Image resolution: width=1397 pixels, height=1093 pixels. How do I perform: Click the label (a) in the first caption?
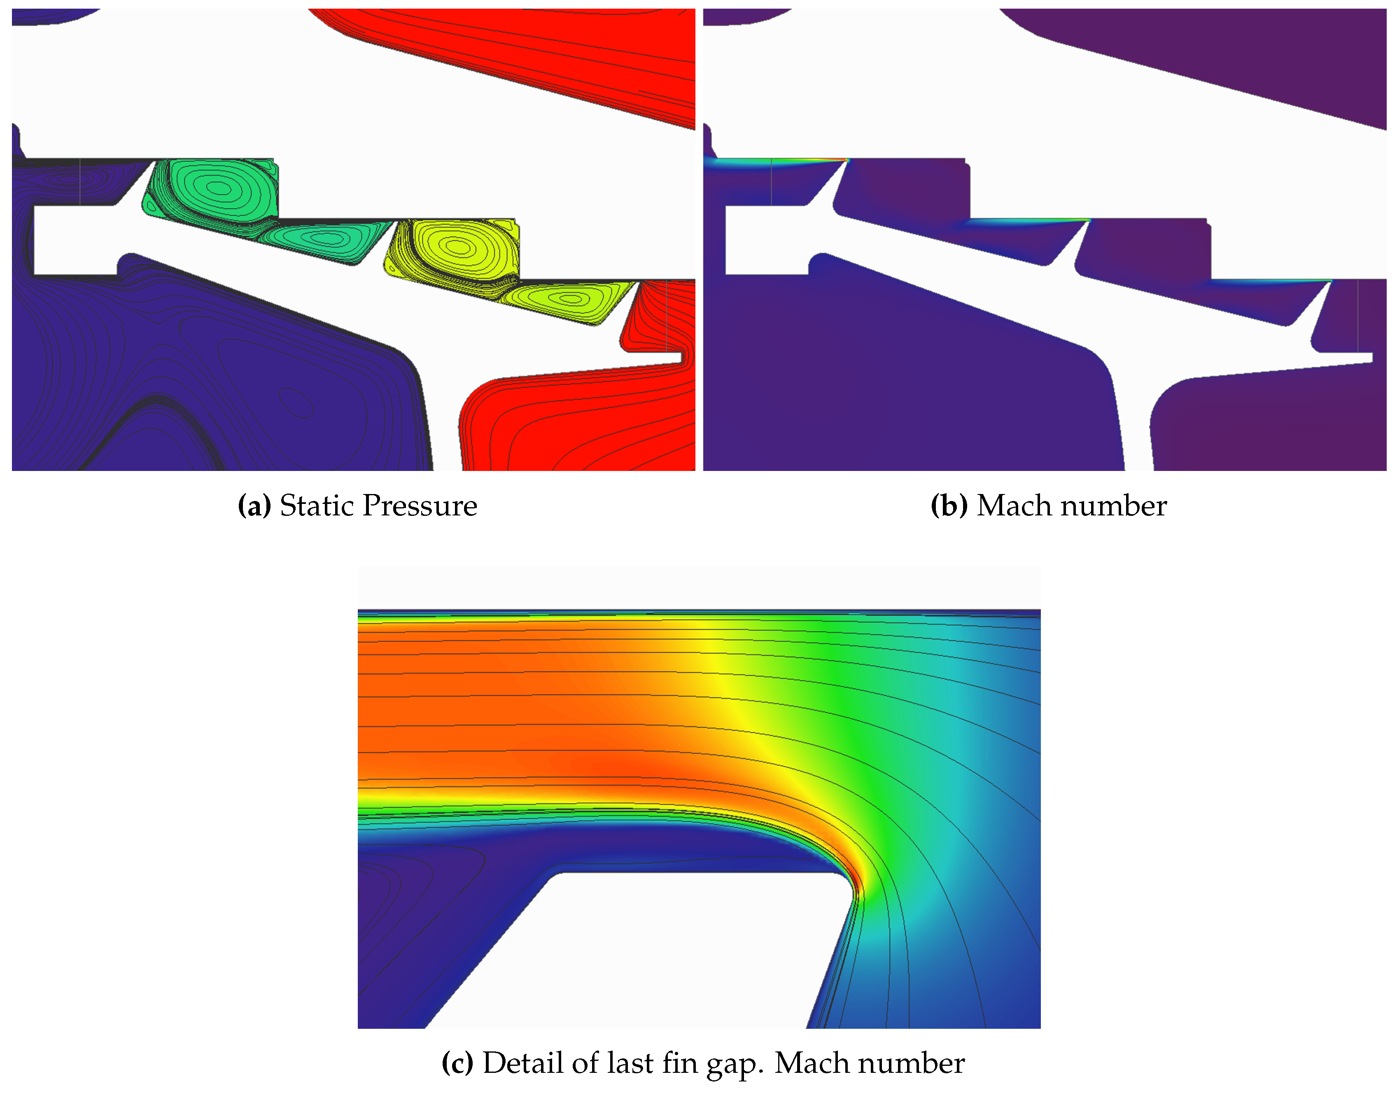tap(254, 506)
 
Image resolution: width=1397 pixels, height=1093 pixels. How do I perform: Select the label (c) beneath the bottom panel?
tap(457, 1063)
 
